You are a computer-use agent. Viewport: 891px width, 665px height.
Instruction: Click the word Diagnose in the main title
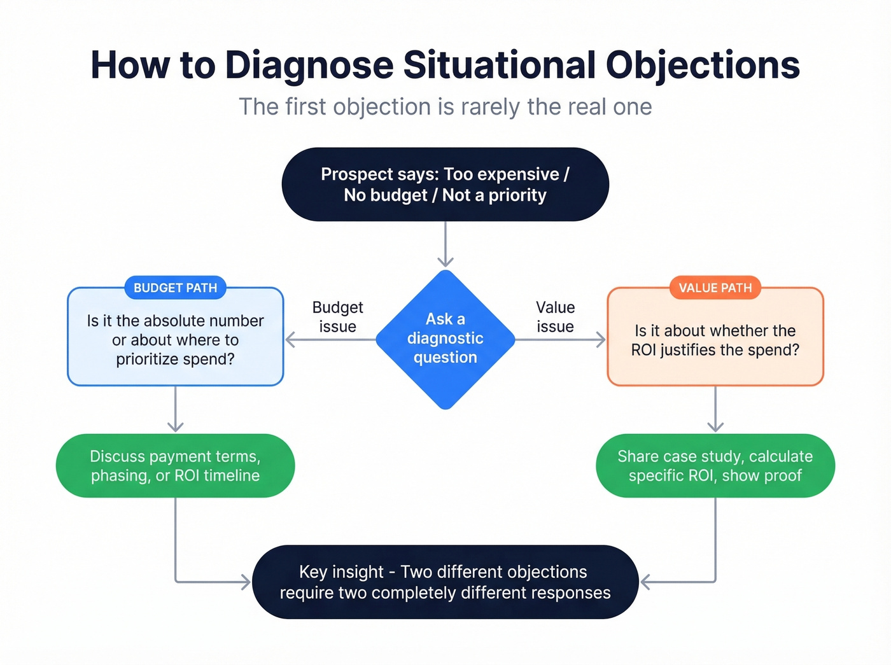tap(309, 65)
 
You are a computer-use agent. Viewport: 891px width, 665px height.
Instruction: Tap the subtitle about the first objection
tap(445, 107)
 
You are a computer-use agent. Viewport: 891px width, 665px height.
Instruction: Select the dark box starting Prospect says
tap(445, 185)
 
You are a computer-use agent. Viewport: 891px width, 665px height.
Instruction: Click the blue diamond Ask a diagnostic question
tap(445, 339)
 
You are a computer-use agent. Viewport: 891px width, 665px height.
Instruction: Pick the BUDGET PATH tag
tap(175, 288)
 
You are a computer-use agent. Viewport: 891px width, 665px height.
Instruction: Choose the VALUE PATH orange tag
tap(715, 288)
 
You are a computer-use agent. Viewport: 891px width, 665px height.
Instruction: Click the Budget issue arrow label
tap(337, 317)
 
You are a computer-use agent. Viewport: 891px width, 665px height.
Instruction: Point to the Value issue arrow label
tap(555, 317)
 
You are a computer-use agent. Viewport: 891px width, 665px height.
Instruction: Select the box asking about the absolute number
tap(175, 340)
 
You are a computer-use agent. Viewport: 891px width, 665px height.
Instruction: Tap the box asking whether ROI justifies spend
tap(715, 340)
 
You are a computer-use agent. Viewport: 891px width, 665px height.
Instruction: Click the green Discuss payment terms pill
tap(175, 466)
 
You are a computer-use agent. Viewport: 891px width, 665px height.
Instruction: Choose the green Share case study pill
tap(715, 466)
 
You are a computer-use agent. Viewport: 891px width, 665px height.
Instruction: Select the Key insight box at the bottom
tap(445, 582)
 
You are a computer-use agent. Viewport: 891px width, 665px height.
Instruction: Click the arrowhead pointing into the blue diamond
tap(445, 261)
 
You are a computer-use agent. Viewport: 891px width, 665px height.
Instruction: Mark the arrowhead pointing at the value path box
tap(600, 340)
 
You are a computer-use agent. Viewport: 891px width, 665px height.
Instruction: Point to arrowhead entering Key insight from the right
tap(645, 582)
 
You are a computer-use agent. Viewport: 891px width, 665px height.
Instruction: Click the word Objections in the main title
tap(702, 65)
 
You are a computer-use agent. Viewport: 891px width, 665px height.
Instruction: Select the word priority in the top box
tap(517, 195)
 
